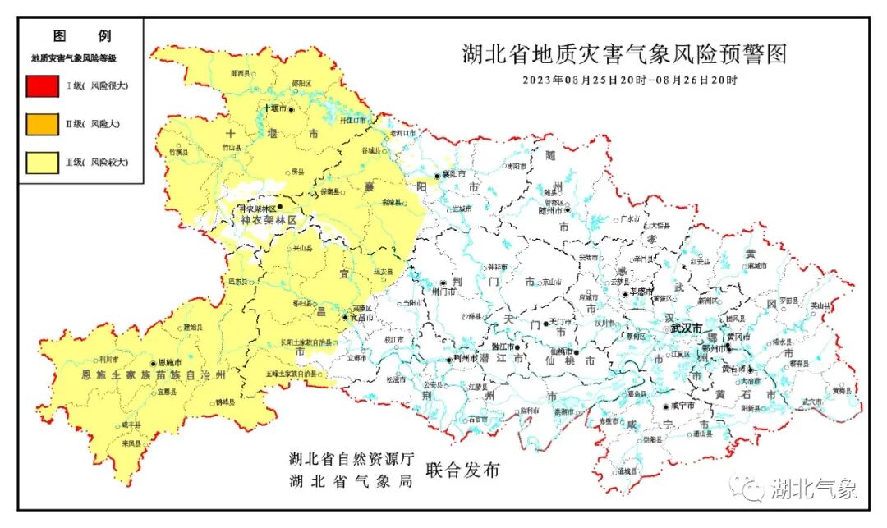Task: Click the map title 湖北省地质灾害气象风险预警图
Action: point(624,55)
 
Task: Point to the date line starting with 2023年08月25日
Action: point(630,80)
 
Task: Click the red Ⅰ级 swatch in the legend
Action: point(42,85)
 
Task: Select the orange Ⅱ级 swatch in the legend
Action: point(42,124)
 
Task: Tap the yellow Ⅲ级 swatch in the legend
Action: point(42,163)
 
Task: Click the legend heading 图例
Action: point(81,36)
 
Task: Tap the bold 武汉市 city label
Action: point(686,328)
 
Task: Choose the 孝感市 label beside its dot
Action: point(641,292)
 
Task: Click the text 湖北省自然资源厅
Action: point(351,458)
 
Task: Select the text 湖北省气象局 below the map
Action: point(351,482)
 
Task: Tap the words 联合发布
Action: point(462,471)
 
